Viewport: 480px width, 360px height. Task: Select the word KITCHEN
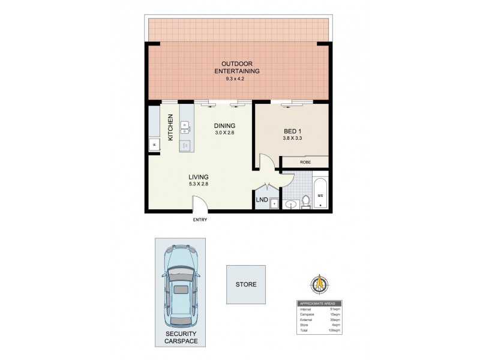[170, 127]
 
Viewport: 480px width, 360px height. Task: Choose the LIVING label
[198, 177]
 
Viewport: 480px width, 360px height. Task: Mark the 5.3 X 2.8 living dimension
[198, 185]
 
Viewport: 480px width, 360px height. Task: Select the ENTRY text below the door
[200, 220]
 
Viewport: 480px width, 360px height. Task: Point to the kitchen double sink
[185, 127]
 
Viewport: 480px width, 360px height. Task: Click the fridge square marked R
[154, 145]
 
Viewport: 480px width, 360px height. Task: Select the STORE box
[245, 284]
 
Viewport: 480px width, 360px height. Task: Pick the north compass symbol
[320, 282]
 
